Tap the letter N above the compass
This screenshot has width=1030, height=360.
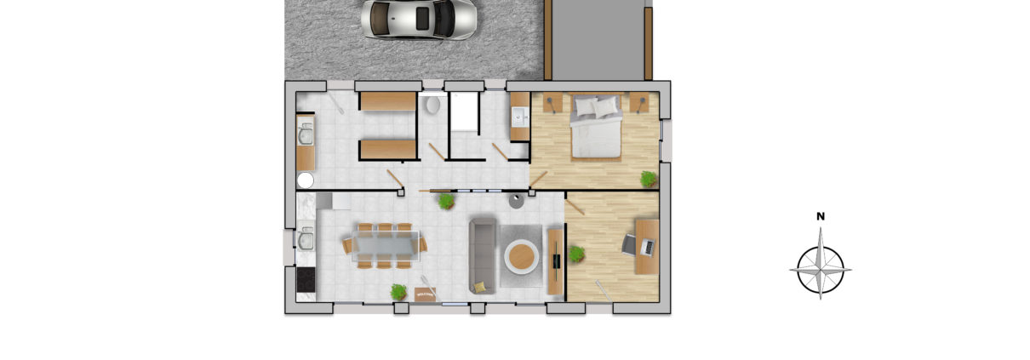tap(821, 217)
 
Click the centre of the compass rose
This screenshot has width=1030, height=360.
tap(821, 270)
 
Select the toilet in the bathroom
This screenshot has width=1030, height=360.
tap(432, 106)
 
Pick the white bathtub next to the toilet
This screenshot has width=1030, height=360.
tap(464, 111)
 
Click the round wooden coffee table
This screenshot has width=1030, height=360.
tap(521, 255)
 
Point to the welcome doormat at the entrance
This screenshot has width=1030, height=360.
tap(425, 294)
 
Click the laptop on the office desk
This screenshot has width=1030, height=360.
tap(647, 248)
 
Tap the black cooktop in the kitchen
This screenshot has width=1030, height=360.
tap(305, 280)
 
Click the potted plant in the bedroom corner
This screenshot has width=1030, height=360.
tap(649, 179)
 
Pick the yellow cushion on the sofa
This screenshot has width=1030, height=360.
tap(480, 287)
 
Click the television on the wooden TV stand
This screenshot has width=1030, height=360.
tap(556, 255)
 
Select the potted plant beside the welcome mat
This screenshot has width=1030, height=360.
tap(398, 292)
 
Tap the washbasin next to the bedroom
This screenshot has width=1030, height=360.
tap(519, 118)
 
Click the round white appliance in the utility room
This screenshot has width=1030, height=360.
tap(305, 180)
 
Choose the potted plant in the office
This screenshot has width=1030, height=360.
tap(576, 254)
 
